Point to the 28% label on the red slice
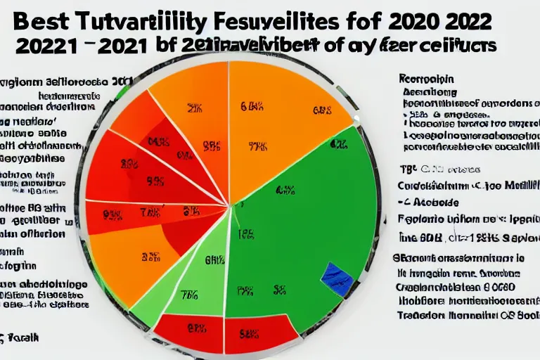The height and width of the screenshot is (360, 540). pyautogui.click(x=129, y=165)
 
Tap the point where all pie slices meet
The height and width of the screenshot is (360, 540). pyautogui.click(x=231, y=205)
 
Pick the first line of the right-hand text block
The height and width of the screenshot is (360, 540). pyautogui.click(x=426, y=79)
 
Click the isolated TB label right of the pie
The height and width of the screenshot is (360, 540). pyautogui.click(x=406, y=169)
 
